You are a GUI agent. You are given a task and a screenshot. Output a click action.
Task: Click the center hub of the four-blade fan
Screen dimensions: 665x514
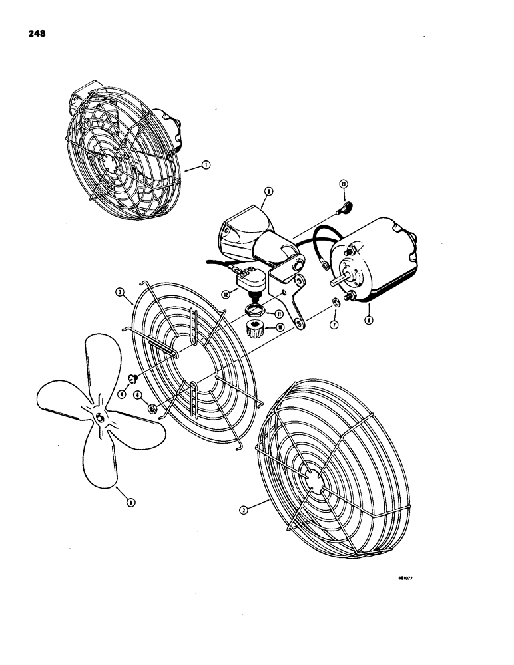[x=100, y=417]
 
